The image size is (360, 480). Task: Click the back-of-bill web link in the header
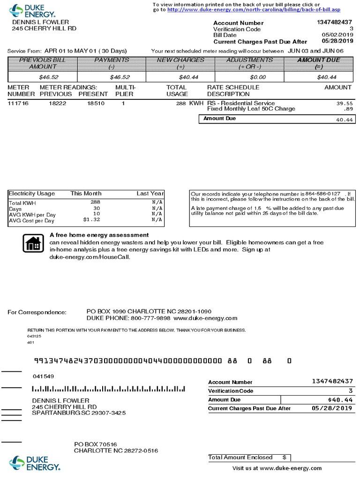(x=254, y=9)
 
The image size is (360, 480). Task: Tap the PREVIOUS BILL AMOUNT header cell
(x=42, y=63)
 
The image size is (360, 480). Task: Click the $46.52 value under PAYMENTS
(x=117, y=77)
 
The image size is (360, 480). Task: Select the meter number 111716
(x=18, y=103)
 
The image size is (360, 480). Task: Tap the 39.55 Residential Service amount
(x=345, y=103)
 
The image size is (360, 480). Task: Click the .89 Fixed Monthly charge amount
(x=348, y=109)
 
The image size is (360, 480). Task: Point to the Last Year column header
(x=150, y=193)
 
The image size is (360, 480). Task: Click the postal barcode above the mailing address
(x=108, y=389)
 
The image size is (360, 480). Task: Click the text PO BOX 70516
(x=96, y=444)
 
